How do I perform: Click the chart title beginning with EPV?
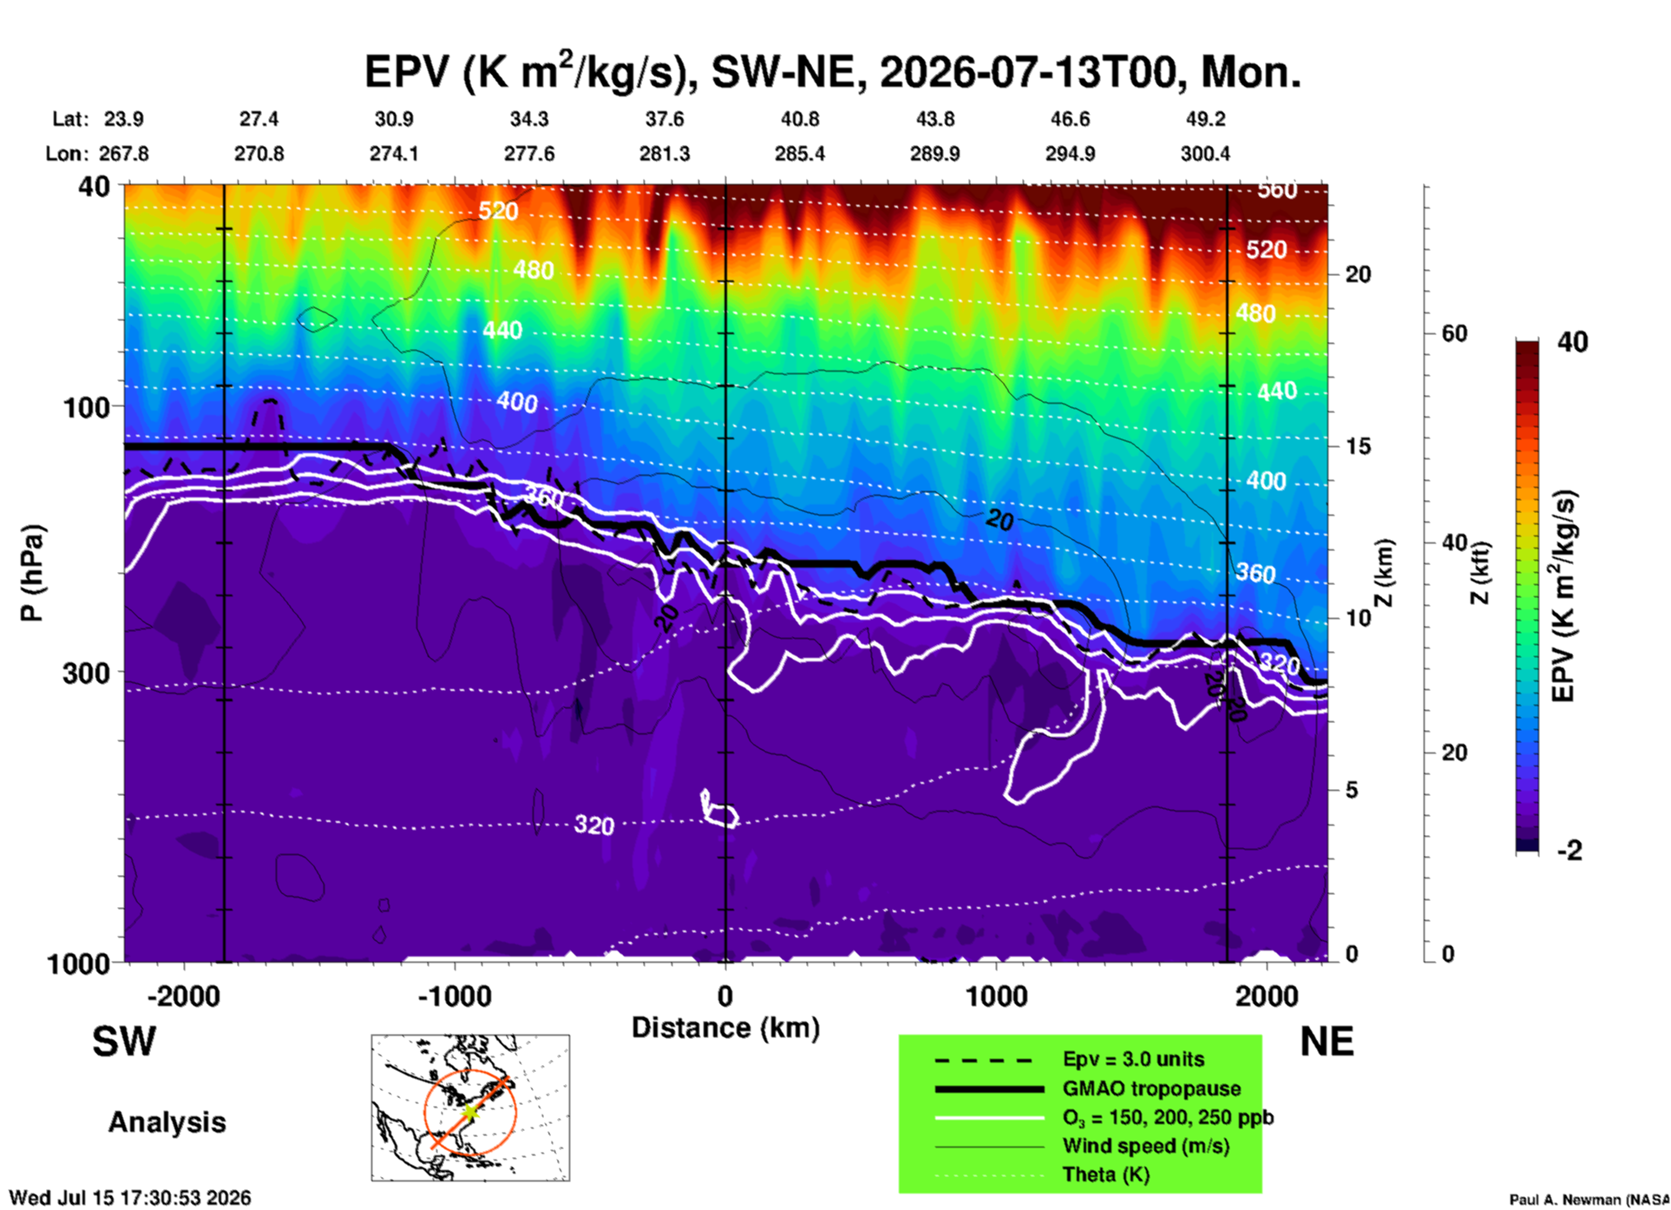pyautogui.click(x=832, y=72)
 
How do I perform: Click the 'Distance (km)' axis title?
pyautogui.click(x=725, y=1028)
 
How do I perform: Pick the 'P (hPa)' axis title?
pyautogui.click(x=32, y=573)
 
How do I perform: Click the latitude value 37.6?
pyautogui.click(x=665, y=119)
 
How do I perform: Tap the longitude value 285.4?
pyautogui.click(x=800, y=154)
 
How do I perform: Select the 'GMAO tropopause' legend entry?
pyautogui.click(x=1151, y=1088)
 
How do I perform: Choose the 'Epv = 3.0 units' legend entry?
pyautogui.click(x=1133, y=1059)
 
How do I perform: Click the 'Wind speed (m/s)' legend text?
pyautogui.click(x=1146, y=1146)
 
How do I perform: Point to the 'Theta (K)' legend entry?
pyautogui.click(x=1106, y=1174)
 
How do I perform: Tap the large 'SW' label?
pyautogui.click(x=124, y=1042)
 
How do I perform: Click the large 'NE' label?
pyautogui.click(x=1327, y=1042)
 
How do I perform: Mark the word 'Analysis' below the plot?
pyautogui.click(x=167, y=1122)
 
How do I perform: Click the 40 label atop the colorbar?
pyautogui.click(x=1572, y=342)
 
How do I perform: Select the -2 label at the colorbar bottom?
pyautogui.click(x=1569, y=851)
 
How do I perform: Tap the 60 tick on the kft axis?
pyautogui.click(x=1454, y=333)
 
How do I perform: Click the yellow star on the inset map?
pyautogui.click(x=469, y=1111)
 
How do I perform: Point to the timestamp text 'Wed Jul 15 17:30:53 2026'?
pyautogui.click(x=130, y=1198)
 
